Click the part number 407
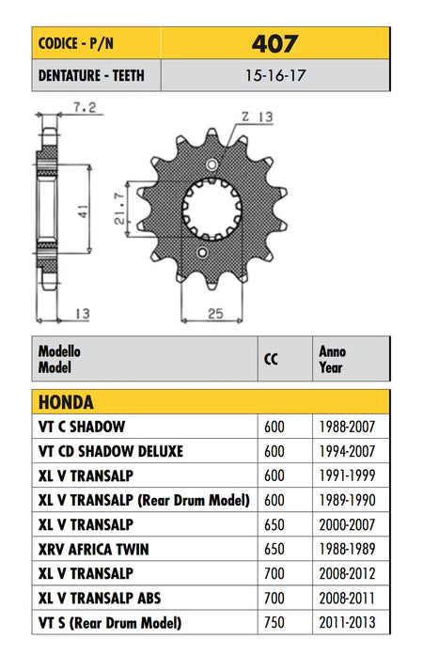274,43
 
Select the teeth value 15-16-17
275,75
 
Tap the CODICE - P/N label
75,43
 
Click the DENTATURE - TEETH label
91,75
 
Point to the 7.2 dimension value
85,108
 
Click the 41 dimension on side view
84,211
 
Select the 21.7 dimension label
119,209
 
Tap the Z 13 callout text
258,117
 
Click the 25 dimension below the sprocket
215,313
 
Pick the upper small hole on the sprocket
211,164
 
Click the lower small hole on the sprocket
203,253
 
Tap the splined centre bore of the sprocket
211,209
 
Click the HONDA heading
66,402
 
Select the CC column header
271,359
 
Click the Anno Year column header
332,359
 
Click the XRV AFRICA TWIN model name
93,550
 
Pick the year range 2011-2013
347,622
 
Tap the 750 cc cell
274,622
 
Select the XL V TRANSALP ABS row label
100,599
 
